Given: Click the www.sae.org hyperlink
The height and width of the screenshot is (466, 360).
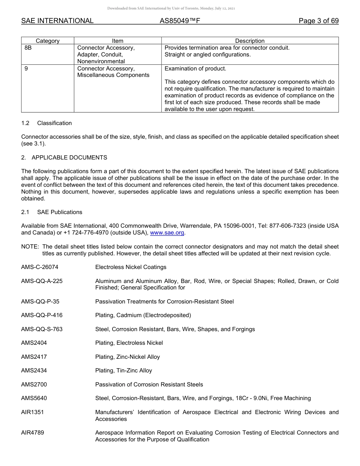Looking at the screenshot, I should coord(167,233).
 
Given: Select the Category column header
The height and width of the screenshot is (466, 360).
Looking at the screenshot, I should coord(48,41).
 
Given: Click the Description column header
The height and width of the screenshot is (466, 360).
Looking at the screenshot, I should coord(250,41).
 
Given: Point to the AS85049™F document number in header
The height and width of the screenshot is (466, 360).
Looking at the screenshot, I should coord(180,21).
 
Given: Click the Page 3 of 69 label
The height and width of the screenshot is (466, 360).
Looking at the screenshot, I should coord(318,21).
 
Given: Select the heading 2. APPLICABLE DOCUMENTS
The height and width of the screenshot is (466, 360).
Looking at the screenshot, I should coord(64,157).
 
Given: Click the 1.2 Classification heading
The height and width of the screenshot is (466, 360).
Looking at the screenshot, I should coord(47,123).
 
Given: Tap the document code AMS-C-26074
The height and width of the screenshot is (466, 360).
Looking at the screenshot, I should coord(40,267).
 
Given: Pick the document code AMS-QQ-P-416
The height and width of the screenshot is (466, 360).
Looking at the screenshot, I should coord(42,315).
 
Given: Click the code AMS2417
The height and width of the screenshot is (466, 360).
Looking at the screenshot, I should coord(34,357).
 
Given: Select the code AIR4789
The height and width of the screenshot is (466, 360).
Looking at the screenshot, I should coord(33,433).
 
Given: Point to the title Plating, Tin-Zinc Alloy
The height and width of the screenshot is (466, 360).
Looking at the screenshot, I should coord(124,371).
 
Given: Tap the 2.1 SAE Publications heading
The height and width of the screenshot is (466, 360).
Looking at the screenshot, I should coord(52,212).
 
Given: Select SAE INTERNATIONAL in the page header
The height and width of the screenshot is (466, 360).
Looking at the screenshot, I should coord(57,21).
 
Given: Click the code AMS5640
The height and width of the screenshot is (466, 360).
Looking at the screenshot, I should coord(34,398).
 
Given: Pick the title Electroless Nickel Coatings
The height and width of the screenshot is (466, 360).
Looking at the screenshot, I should coord(131,267).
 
